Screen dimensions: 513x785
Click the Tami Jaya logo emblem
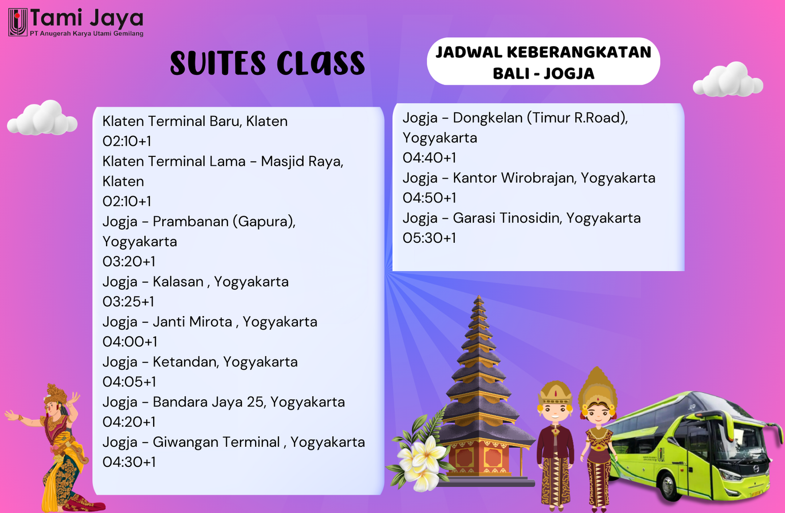coord(18,22)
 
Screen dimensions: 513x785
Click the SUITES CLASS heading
coord(267,64)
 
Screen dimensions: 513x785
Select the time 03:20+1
coord(129,261)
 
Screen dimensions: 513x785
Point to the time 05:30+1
coord(429,238)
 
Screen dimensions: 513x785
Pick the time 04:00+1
coord(130,342)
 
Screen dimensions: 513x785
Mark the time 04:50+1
coord(429,198)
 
